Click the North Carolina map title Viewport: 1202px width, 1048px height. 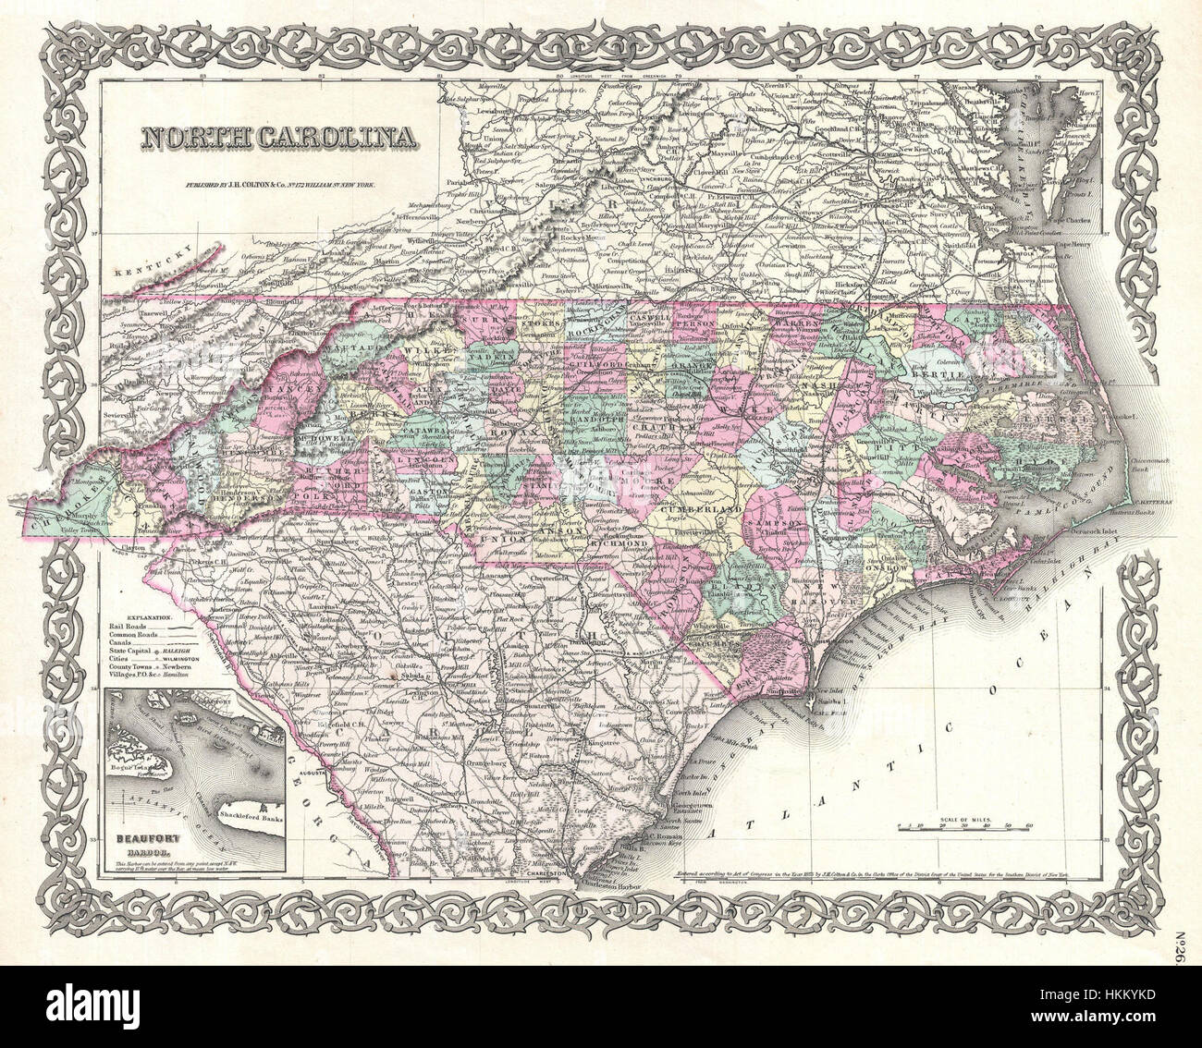tap(277, 139)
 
